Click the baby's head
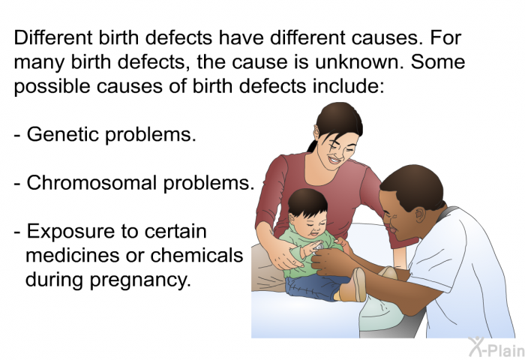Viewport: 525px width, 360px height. (x=307, y=209)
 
